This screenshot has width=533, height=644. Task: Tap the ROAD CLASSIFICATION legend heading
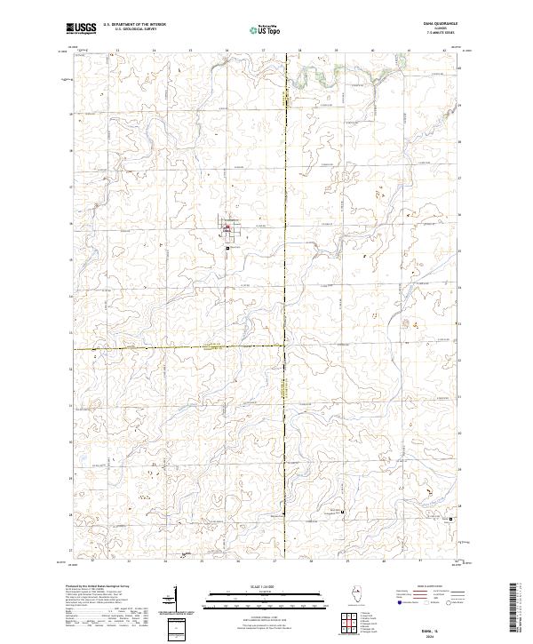[422, 588]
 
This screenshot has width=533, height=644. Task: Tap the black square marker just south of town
[227, 248]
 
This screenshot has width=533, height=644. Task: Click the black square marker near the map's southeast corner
[449, 520]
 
